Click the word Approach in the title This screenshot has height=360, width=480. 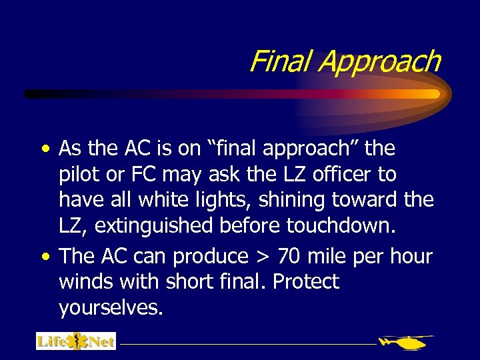379,62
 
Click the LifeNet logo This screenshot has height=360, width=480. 76,341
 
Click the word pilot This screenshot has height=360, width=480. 77,175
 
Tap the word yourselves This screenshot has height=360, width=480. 111,307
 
